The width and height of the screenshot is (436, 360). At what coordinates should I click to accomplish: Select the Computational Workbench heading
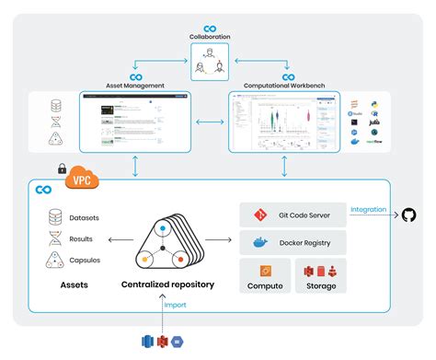284,86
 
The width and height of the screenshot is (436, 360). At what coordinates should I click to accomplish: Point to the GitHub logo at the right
407,215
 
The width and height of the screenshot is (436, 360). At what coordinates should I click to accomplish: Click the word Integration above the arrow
369,209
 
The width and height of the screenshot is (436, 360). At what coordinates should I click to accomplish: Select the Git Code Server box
293,215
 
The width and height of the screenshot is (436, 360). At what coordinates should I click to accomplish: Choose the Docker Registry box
293,243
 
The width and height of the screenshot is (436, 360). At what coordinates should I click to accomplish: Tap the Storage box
320,276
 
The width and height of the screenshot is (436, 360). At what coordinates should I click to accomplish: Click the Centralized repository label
167,285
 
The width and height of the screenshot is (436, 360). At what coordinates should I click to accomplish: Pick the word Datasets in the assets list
85,218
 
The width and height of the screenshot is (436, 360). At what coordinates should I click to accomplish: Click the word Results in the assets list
81,238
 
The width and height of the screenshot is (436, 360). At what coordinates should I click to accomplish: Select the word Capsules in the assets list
85,260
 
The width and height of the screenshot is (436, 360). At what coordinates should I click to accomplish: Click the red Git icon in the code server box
259,215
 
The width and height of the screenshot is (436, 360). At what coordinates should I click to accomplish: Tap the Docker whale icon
259,243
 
